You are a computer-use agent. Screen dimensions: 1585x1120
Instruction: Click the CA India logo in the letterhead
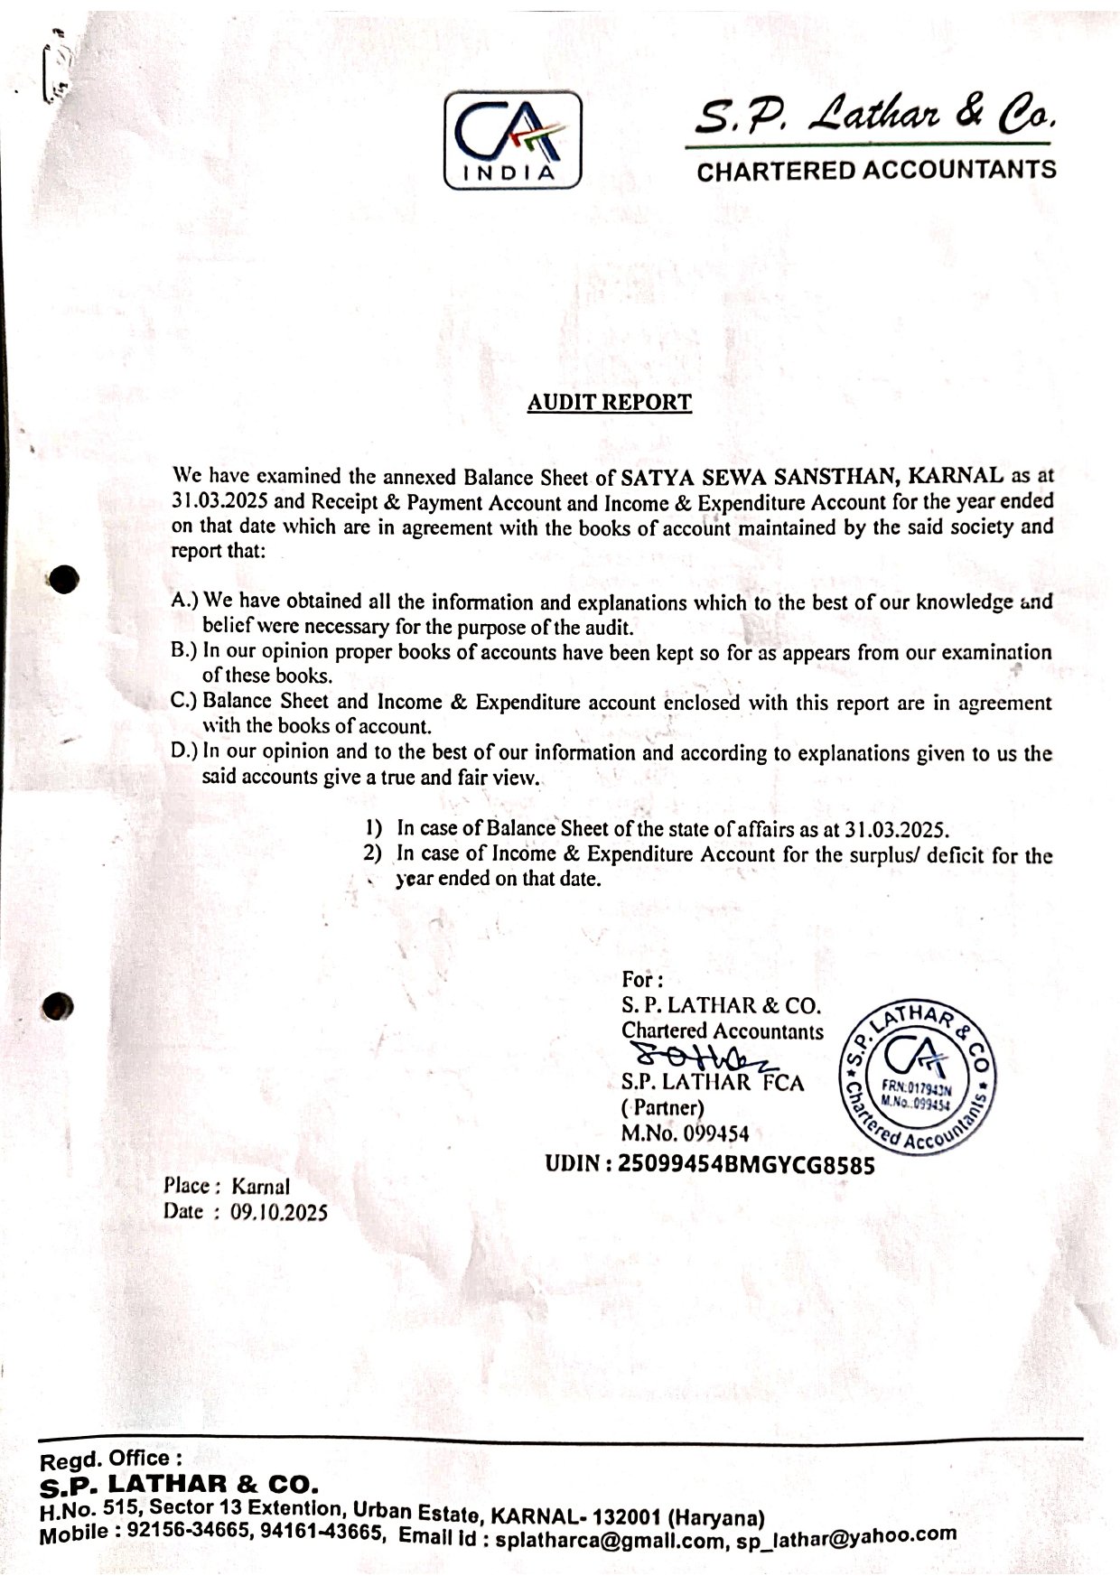pos(512,142)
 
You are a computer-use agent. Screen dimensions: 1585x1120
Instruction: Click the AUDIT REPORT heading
pos(610,403)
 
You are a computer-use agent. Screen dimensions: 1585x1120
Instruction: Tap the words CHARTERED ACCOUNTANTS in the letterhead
pos(876,170)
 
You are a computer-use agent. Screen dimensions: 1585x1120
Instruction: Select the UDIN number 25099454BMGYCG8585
pos(745,1165)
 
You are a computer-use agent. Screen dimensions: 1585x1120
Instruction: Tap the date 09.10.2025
pos(279,1212)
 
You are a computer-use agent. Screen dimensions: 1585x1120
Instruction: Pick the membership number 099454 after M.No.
pos(716,1133)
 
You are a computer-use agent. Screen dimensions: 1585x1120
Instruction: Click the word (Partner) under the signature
pos(663,1107)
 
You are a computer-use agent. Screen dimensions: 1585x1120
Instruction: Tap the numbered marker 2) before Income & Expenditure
pos(372,853)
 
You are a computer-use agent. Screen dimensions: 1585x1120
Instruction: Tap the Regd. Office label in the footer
pos(111,1459)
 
